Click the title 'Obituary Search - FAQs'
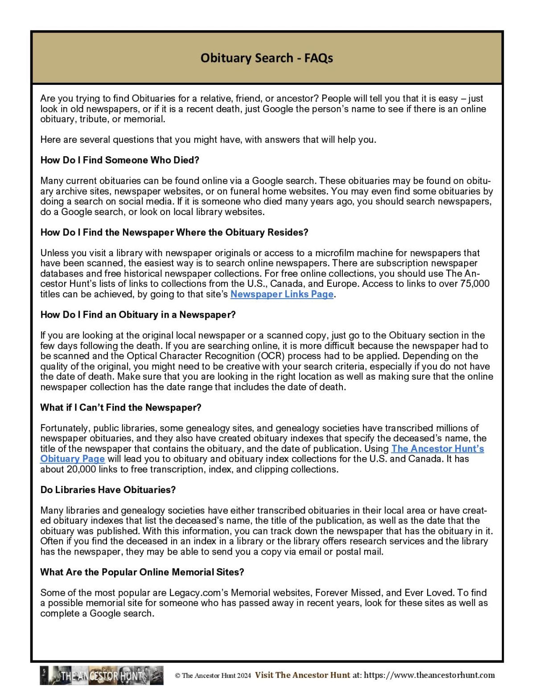(267, 58)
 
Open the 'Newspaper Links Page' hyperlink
(282, 294)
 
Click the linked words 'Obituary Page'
(72, 459)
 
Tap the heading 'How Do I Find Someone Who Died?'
(119, 160)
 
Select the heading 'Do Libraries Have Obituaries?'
(108, 490)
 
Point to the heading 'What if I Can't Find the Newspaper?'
(121, 407)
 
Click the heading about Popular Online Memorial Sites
(142, 572)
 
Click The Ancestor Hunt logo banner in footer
(102, 675)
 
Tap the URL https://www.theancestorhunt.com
(429, 675)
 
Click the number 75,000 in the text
(474, 284)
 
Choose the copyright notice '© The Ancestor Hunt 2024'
(213, 676)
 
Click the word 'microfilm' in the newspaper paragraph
(335, 253)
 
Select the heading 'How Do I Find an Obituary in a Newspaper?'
(138, 315)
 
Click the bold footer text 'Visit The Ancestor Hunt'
(302, 675)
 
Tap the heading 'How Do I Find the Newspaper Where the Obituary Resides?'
(174, 232)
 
